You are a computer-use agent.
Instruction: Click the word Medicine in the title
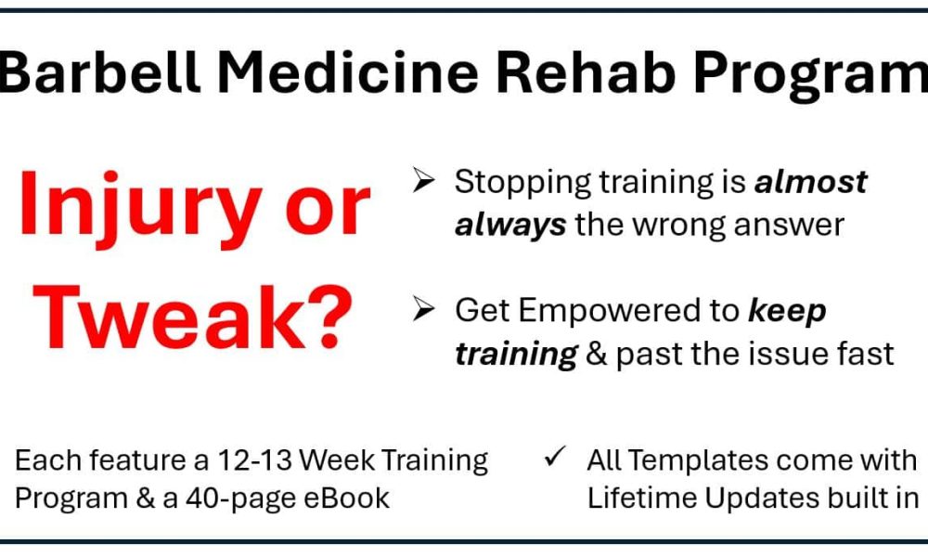pos(347,72)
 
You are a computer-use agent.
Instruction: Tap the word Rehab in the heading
pos(586,72)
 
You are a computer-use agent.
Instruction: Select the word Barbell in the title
pos(99,72)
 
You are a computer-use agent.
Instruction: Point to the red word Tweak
pos(171,317)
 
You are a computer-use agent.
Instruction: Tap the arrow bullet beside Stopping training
pos(424,180)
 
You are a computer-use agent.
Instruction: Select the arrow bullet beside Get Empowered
pos(424,308)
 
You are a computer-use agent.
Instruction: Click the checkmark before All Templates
pos(555,457)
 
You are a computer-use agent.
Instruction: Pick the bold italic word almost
pos(811,182)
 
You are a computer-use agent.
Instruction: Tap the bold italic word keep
pos(787,311)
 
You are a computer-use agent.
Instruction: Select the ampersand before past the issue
pos(597,354)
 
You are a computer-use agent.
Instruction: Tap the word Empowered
pos(629,311)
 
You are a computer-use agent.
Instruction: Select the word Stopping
pos(523,183)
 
